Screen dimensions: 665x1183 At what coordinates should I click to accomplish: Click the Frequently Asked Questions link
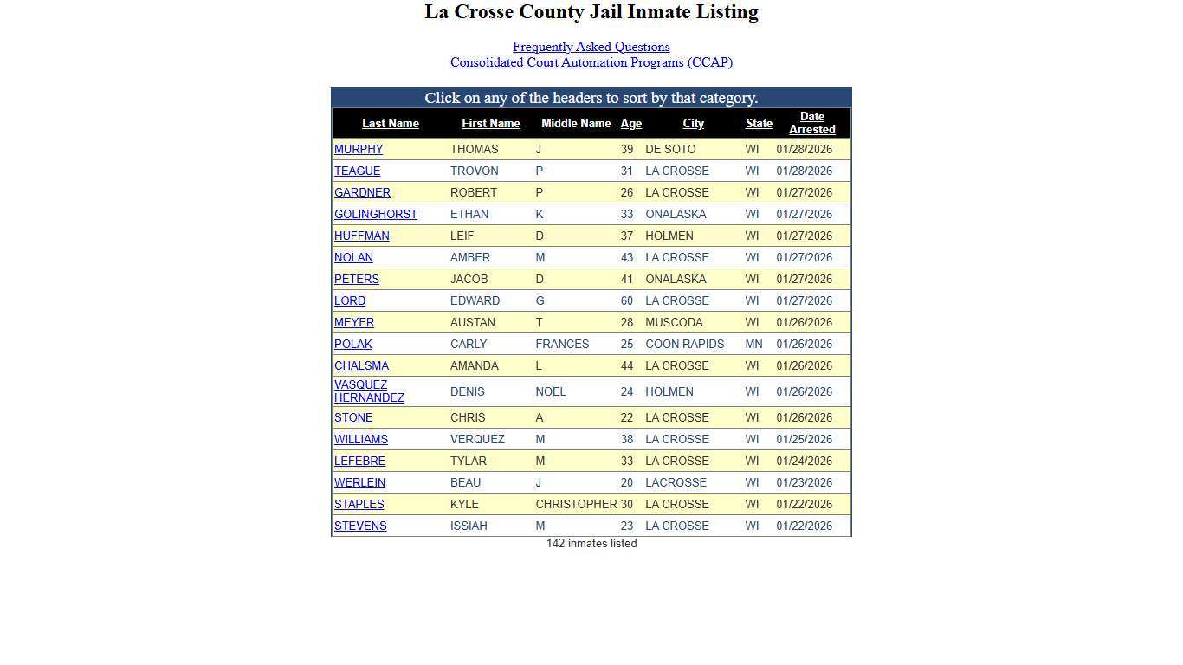click(x=591, y=47)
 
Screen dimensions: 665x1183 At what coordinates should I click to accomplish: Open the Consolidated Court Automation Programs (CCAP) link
click(x=591, y=62)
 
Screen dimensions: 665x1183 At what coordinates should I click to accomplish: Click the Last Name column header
click(x=390, y=124)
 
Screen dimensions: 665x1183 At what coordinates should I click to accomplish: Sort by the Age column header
click(x=630, y=124)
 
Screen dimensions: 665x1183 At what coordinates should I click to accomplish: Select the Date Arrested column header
click(x=811, y=123)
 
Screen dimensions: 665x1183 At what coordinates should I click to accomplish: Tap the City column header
click(x=693, y=124)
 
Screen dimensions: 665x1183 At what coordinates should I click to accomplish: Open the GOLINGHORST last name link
click(x=375, y=214)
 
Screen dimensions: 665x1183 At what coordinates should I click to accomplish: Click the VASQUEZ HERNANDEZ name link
click(x=369, y=391)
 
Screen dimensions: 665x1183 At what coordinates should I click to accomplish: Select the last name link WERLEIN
click(x=359, y=482)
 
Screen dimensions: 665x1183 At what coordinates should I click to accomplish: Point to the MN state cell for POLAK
click(x=753, y=344)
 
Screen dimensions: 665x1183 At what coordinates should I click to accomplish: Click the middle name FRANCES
click(x=562, y=344)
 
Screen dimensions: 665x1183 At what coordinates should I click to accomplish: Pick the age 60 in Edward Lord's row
click(x=626, y=300)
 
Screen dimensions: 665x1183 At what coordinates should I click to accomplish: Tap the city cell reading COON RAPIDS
click(x=684, y=344)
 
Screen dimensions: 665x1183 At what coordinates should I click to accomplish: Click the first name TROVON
click(x=474, y=171)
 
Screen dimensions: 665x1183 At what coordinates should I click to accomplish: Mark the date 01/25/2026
click(x=804, y=439)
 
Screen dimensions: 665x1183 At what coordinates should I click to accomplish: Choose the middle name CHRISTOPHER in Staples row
click(x=576, y=504)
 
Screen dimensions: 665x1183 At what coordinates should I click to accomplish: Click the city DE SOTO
click(x=669, y=149)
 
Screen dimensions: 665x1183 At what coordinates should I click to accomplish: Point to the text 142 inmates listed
click(x=591, y=543)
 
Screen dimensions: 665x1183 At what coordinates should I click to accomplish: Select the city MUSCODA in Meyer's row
click(x=674, y=322)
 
